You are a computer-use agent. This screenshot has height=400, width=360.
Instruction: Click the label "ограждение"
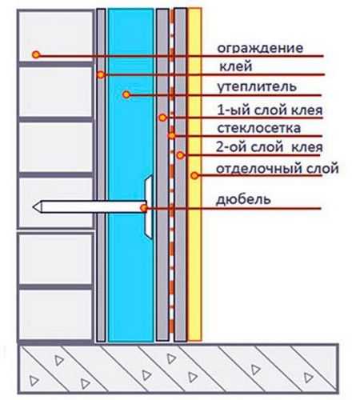260,49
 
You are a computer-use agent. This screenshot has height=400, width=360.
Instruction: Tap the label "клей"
236,66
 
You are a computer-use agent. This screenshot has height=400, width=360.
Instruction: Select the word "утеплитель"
257,87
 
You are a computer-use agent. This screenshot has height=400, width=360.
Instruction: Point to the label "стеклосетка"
258,128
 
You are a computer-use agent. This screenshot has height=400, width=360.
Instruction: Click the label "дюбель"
243,199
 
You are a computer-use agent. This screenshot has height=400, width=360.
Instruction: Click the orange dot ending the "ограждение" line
36,54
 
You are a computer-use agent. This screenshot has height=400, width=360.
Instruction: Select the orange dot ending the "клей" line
101,74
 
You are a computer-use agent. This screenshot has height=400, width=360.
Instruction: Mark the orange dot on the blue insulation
126,94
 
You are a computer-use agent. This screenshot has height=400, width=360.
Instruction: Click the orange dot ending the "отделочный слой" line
194,175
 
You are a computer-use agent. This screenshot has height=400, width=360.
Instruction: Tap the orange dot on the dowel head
144,208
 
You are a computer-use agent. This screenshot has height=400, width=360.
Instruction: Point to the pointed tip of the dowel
33,207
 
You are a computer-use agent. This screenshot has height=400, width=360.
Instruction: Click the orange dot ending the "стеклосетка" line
172,136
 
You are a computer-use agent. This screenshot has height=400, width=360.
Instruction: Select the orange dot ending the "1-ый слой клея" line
162,118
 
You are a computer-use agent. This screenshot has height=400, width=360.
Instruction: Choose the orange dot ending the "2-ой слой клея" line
180,155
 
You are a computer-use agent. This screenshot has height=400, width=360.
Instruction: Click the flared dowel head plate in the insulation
148,206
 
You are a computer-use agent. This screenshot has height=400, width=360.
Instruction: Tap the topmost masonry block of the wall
56,36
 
